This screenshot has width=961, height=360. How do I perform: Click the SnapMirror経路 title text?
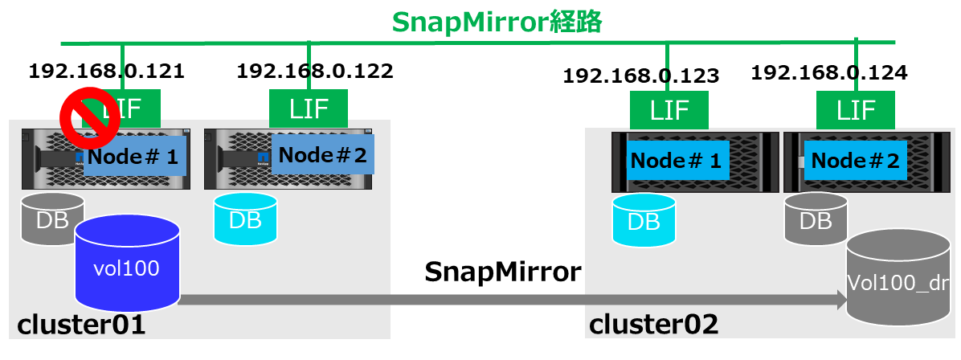point(497,22)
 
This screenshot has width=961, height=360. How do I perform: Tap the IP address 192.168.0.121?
point(107,71)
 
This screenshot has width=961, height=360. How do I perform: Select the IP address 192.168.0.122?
point(315,71)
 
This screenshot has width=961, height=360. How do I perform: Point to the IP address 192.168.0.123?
point(640,76)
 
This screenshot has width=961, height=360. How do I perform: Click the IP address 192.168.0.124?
point(829,73)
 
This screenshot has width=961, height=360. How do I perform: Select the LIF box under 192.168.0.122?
point(308,108)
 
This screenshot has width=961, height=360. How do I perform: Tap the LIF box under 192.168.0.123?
point(669,108)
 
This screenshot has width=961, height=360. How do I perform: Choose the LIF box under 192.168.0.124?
point(856,109)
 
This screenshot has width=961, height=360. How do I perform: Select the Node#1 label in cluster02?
point(674,161)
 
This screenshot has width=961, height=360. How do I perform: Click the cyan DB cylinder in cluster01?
point(245,219)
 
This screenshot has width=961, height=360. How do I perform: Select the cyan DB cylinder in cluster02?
point(643,220)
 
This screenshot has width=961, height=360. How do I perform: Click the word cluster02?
point(653,325)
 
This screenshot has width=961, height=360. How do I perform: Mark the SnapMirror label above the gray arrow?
point(502,272)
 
